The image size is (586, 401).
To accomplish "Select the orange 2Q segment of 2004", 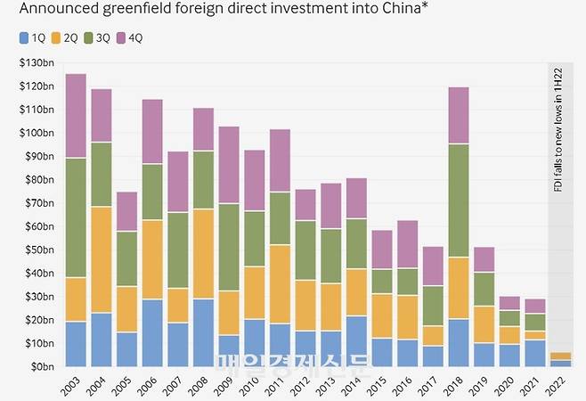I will point(102,259).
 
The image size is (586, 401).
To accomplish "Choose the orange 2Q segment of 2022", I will point(561,356).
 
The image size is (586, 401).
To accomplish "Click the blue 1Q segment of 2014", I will point(357,340).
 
